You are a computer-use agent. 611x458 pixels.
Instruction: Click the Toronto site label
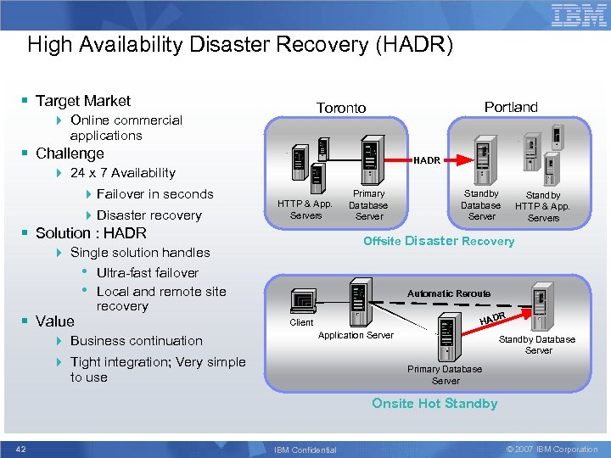[x=341, y=108]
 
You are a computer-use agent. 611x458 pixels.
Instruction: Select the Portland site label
[x=511, y=107]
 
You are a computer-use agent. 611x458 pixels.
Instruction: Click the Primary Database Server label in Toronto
[x=368, y=205]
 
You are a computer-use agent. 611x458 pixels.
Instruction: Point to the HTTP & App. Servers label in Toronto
[x=305, y=209]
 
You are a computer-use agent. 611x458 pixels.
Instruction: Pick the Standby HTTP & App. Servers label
[x=543, y=206]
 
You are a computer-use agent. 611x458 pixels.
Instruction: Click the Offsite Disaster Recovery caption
[x=439, y=241]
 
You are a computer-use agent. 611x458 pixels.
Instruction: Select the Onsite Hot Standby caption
[x=434, y=403]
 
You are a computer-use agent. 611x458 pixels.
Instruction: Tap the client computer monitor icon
[x=302, y=301]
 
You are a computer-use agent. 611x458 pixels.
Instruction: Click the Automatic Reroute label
[x=449, y=293]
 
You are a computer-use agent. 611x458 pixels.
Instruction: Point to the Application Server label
[x=356, y=336]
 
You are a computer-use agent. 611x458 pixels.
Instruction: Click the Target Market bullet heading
[x=83, y=101]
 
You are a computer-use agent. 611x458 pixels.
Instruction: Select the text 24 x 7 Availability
[x=122, y=173]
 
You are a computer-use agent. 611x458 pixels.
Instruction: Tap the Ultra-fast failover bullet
[x=148, y=272]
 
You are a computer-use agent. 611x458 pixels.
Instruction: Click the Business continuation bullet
[x=137, y=341]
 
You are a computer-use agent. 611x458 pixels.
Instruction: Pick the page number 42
[x=21, y=449]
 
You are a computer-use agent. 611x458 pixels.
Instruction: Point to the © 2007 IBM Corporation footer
[x=552, y=449]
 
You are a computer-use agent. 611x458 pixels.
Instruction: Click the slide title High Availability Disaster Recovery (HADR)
[x=240, y=44]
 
